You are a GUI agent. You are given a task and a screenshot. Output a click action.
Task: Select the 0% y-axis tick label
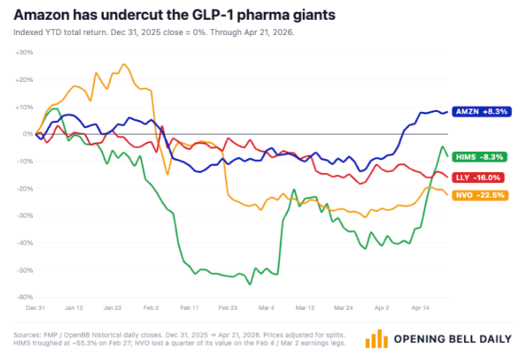click(x=26, y=134)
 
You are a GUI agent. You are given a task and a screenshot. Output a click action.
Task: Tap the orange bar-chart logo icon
click(x=377, y=338)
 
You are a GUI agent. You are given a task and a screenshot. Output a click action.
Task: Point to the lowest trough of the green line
click(x=250, y=284)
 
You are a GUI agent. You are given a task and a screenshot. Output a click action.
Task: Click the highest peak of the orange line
click(x=123, y=64)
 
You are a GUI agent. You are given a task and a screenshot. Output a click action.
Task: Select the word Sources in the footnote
click(x=28, y=335)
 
